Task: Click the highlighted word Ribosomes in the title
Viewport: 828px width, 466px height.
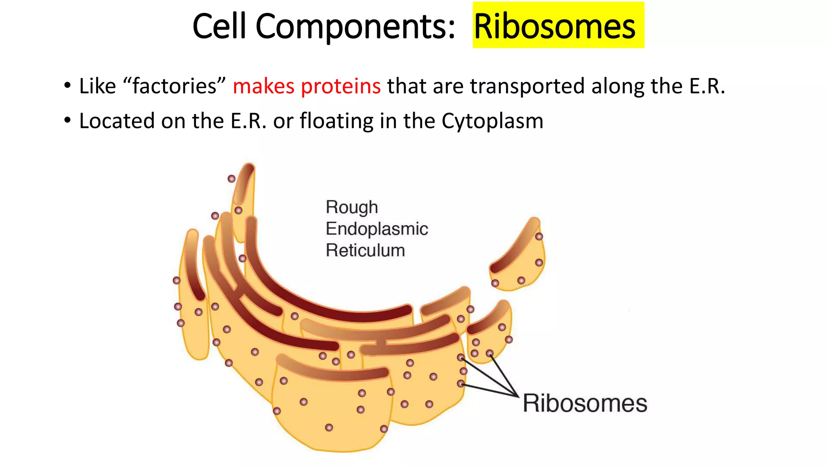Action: pos(554,26)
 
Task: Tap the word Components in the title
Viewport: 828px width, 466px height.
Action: pos(355,26)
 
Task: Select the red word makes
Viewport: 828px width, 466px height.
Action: pos(264,86)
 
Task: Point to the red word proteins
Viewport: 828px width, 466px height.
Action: pos(341,86)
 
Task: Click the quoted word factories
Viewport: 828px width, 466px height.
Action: pos(174,86)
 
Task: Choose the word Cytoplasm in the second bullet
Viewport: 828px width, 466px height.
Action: pos(492,121)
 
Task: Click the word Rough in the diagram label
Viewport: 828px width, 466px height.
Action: pos(352,207)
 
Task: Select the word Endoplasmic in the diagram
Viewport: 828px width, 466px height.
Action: pos(376,229)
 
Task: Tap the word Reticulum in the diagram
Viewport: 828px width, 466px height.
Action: pos(365,250)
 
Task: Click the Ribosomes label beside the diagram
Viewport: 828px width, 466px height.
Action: pos(585,403)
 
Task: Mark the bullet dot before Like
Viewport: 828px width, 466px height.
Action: pos(67,86)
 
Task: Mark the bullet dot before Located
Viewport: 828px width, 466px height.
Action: pos(67,121)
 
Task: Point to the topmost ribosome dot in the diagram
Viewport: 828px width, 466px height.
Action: pos(232,179)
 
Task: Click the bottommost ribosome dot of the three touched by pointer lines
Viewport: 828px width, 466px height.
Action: pos(460,383)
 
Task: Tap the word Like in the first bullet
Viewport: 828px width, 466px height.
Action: pos(97,86)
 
